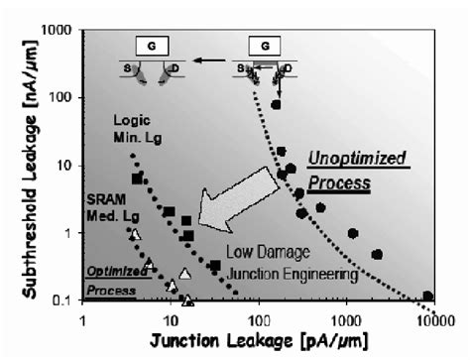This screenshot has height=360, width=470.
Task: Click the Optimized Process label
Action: (107, 280)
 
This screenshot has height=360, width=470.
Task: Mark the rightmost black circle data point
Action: (428, 296)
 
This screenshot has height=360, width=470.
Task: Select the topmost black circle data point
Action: (276, 104)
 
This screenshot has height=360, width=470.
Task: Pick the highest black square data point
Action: (138, 179)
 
